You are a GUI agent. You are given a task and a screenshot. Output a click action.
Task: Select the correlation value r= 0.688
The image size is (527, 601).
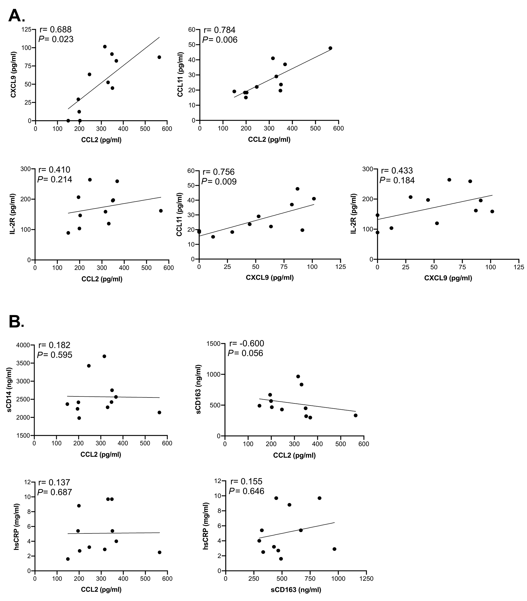(x=56, y=29)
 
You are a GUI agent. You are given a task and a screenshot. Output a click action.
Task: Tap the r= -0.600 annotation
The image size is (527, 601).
(x=246, y=343)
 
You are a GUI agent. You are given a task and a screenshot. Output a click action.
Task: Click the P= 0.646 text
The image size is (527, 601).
(x=246, y=491)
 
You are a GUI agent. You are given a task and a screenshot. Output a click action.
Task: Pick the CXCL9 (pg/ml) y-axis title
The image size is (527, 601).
(x=13, y=75)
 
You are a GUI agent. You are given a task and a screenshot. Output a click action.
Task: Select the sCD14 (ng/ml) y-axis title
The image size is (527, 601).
(x=9, y=390)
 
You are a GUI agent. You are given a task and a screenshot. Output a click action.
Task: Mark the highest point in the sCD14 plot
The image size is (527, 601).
(x=104, y=356)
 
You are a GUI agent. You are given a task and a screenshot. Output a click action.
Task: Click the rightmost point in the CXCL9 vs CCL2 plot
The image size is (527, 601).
(x=159, y=57)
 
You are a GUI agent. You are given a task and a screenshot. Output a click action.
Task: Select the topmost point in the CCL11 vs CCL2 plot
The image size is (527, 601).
(x=330, y=48)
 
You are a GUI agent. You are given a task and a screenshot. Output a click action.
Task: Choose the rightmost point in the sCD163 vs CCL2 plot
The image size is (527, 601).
(x=355, y=415)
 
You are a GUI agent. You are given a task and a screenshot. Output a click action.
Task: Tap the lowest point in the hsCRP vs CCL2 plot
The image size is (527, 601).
(x=68, y=559)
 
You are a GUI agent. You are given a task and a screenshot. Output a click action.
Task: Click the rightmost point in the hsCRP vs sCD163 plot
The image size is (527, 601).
(x=334, y=549)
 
